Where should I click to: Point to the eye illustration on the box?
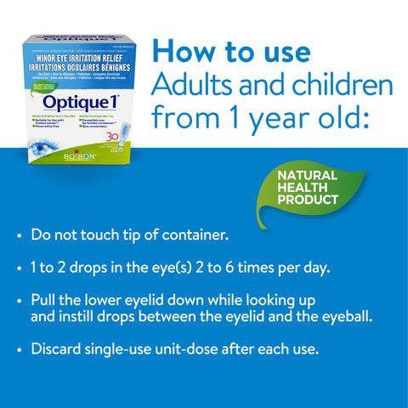pos(40,136)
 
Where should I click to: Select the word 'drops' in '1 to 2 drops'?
pos(93,267)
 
